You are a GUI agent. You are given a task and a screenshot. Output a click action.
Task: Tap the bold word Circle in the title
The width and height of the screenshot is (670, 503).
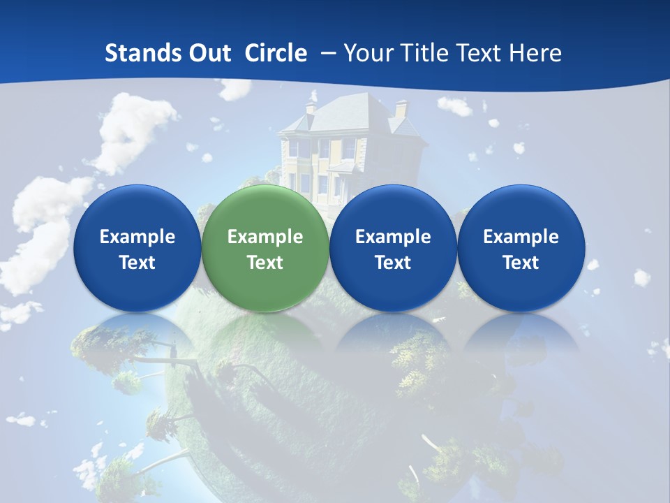pos(276,53)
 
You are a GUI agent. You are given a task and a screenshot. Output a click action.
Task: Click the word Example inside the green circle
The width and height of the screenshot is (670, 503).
pos(265,237)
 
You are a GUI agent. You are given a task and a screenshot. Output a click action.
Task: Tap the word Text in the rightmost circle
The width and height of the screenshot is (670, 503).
pos(521,263)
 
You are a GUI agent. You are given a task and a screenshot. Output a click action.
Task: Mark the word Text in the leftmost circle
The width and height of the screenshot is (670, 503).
pos(137,263)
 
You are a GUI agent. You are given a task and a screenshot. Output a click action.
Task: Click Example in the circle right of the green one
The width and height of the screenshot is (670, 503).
pos(393,237)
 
